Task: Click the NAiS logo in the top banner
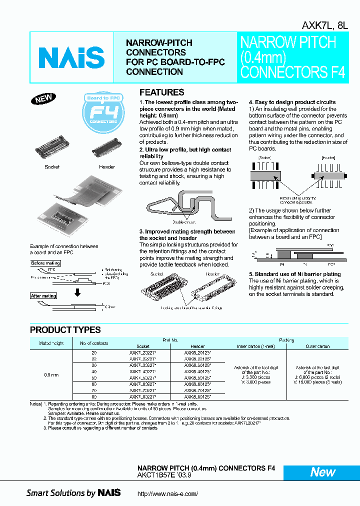[x=71, y=57]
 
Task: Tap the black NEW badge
[x=43, y=98]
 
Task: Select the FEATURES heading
[x=161, y=92]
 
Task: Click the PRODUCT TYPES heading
[x=65, y=330]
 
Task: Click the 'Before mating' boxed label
[x=45, y=263]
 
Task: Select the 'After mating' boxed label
[x=44, y=296]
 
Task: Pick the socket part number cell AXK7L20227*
[x=143, y=352]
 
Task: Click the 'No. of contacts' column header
[x=94, y=343]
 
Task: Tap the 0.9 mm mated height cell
[x=51, y=375]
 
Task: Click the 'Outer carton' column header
[x=317, y=346]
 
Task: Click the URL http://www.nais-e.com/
[x=167, y=493]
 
